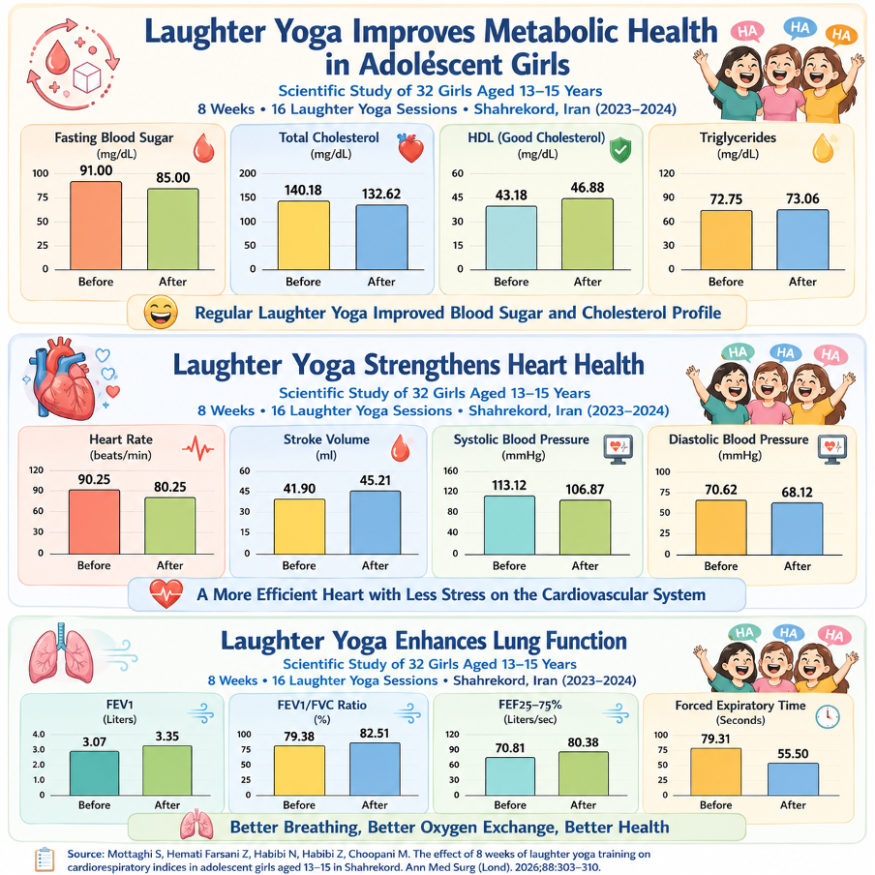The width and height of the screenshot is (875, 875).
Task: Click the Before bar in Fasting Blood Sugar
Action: [96, 226]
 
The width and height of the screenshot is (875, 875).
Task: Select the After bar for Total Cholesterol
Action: [381, 237]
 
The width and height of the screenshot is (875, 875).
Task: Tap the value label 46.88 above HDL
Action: [588, 188]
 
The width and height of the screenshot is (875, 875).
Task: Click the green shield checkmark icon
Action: [620, 150]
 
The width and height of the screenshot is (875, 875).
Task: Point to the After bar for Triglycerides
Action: [802, 239]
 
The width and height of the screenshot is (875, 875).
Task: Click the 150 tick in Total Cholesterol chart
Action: [248, 197]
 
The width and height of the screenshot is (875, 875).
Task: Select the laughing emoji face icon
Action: [161, 312]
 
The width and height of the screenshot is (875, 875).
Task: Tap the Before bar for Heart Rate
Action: [94, 522]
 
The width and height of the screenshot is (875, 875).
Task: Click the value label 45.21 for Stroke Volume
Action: [375, 480]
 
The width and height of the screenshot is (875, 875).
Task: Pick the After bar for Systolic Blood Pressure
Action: [585, 527]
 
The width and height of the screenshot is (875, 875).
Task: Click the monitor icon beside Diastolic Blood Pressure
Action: [832, 449]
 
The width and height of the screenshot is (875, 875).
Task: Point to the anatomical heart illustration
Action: [61, 378]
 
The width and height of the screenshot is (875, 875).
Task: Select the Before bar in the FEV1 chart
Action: [94, 772]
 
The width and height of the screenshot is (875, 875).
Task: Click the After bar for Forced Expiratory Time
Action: [793, 779]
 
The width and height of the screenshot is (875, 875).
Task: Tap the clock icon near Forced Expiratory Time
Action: [828, 716]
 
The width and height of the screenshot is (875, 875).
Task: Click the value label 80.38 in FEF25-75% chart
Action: [583, 742]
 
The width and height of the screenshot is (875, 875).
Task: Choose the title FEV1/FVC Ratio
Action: [322, 705]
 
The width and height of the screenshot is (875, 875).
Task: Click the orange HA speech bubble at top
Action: [841, 36]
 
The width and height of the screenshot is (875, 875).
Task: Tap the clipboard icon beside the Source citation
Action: [45, 860]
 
